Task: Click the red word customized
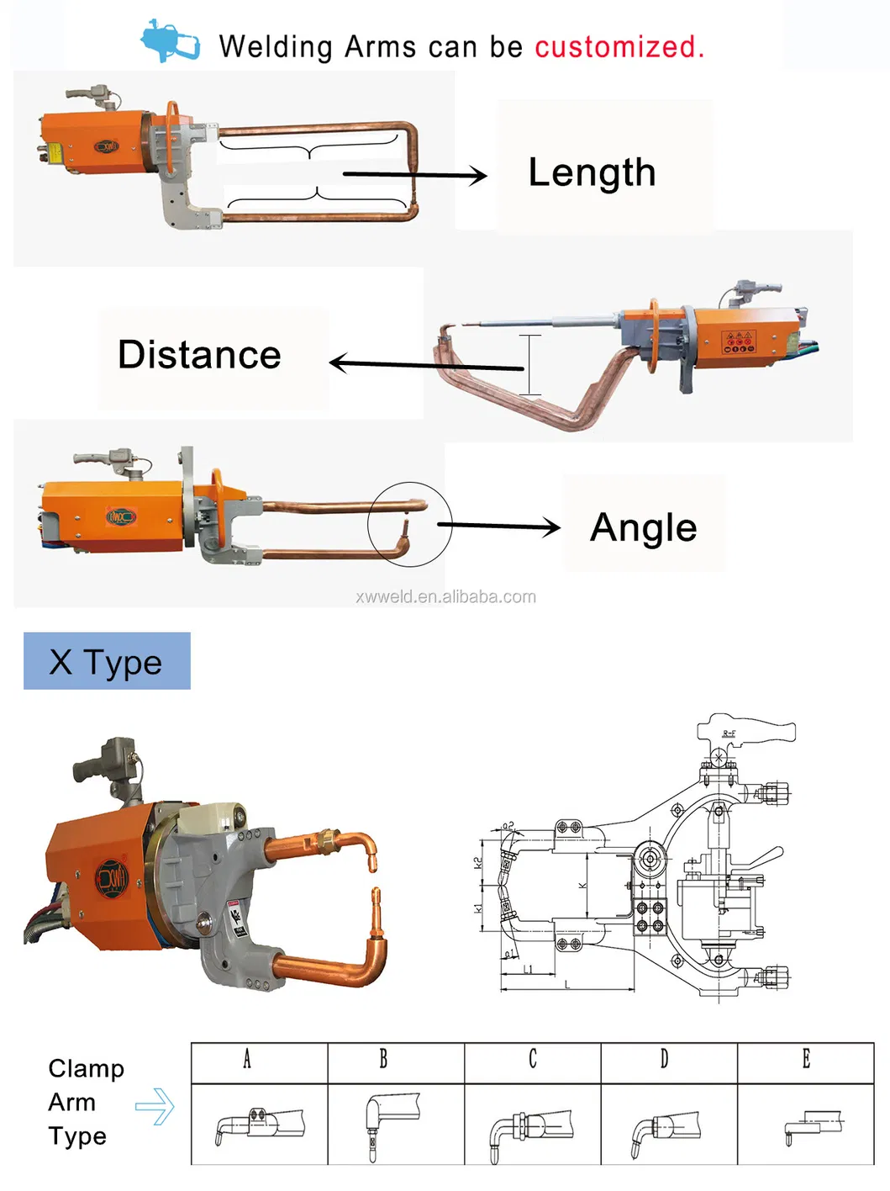(x=619, y=47)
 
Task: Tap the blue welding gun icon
(x=170, y=40)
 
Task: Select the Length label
(x=592, y=172)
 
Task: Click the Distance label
(x=199, y=355)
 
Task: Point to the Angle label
(x=643, y=528)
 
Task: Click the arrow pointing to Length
(x=415, y=175)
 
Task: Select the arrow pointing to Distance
(x=424, y=364)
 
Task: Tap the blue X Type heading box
(x=107, y=661)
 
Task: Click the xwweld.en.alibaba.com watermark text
(x=445, y=596)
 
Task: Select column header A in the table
(x=247, y=1059)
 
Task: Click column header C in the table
(x=532, y=1059)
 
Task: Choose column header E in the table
(x=805, y=1059)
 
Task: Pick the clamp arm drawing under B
(x=392, y=1123)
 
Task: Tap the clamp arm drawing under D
(x=665, y=1127)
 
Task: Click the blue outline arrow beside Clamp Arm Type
(x=155, y=1106)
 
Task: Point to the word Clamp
(x=86, y=1068)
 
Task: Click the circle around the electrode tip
(x=409, y=524)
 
